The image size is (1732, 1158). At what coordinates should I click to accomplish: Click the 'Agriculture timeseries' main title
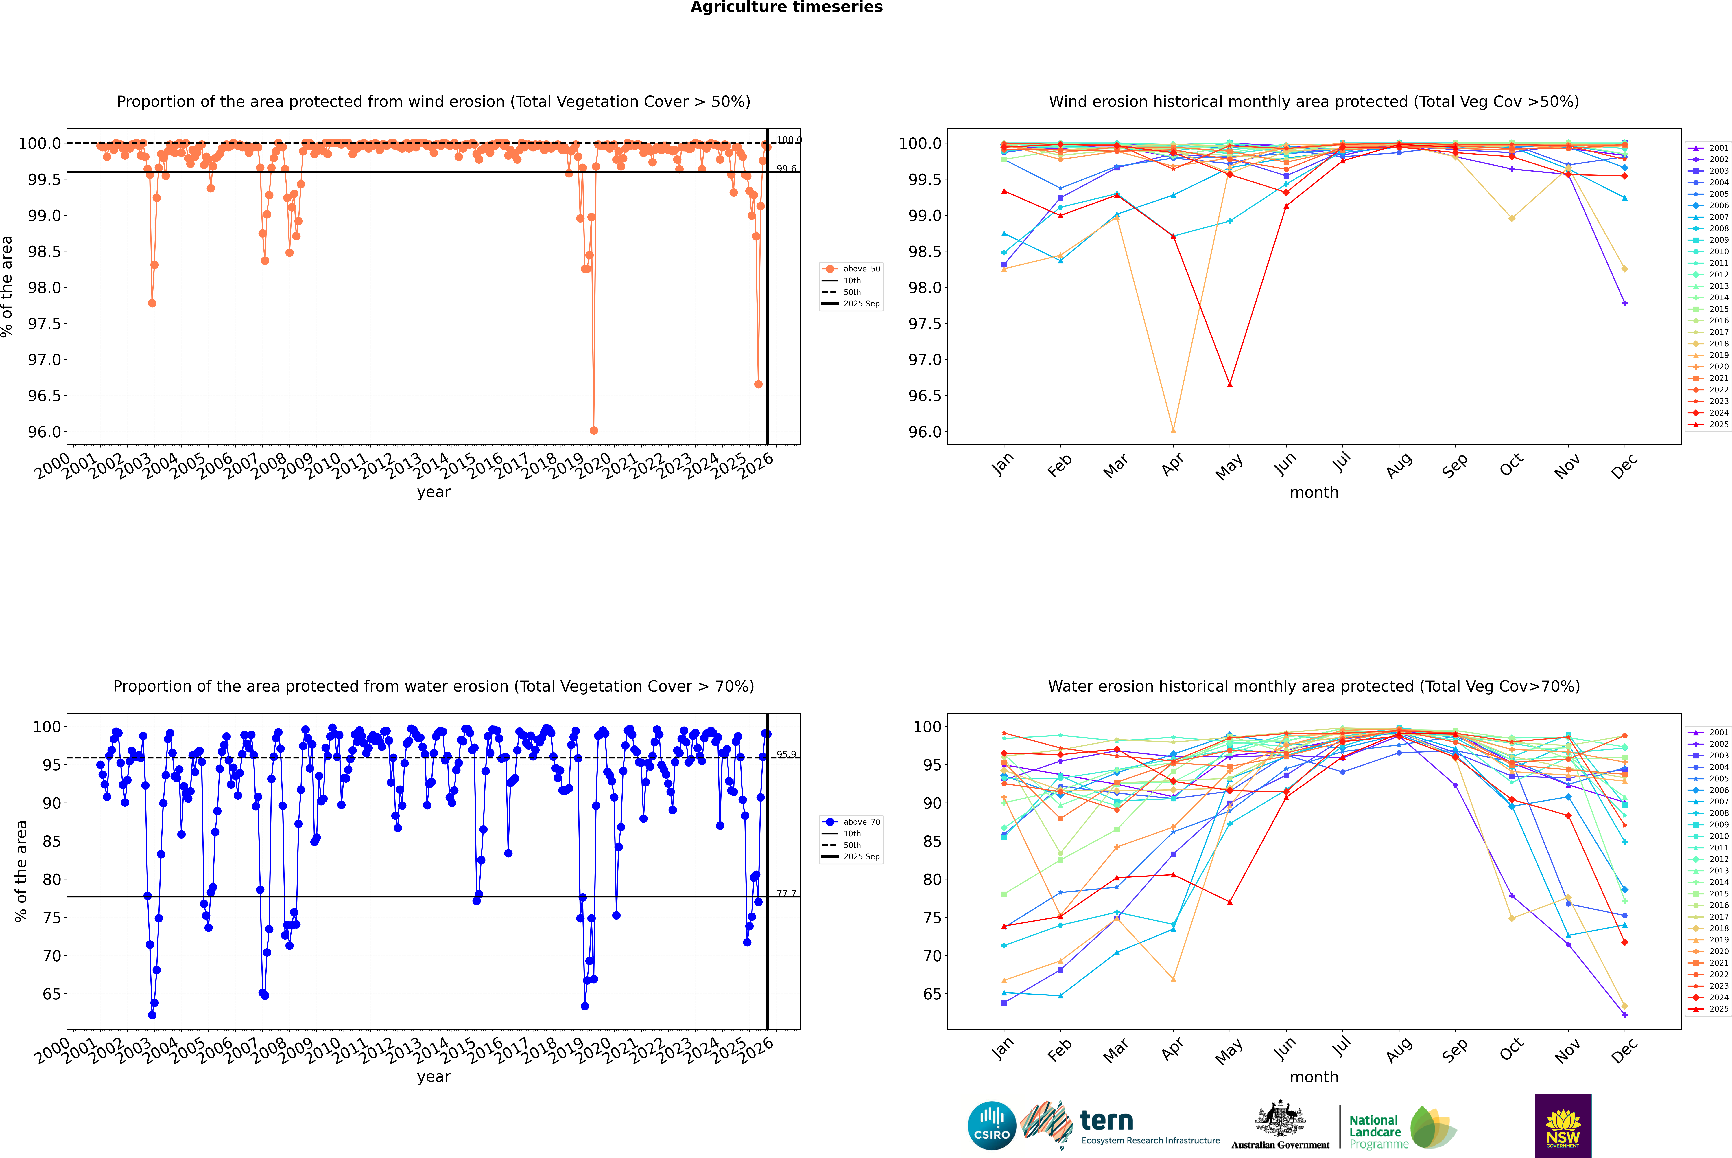tap(786, 7)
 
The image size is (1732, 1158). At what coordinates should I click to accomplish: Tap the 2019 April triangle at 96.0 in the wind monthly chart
tap(1173, 430)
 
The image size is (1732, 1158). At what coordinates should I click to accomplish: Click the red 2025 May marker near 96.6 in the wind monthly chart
tap(1229, 384)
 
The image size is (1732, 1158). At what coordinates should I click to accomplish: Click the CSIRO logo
tap(992, 1126)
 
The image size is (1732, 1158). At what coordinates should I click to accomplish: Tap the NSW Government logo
tap(1563, 1126)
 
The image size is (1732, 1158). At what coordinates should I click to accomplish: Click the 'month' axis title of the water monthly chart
tap(1313, 1077)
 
